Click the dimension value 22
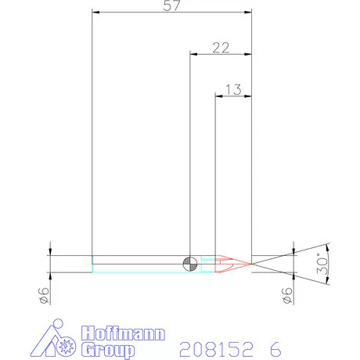tap(221, 47)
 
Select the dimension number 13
tap(233, 88)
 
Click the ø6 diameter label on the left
tap(44, 296)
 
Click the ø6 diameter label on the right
tap(287, 296)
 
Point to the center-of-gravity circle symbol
tap(190, 263)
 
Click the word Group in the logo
tap(108, 349)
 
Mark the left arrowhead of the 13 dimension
tap(219, 95)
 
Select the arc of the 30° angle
tap(328, 263)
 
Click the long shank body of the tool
tap(141, 263)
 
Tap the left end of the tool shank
tap(93, 263)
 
